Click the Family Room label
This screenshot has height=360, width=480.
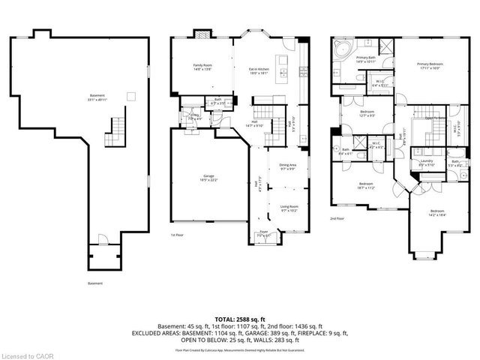click(x=202, y=67)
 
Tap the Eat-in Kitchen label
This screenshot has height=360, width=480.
click(x=259, y=72)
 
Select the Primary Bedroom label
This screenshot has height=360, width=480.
click(x=428, y=66)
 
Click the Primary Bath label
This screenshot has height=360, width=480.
click(x=367, y=59)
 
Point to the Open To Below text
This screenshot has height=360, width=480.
click(x=436, y=118)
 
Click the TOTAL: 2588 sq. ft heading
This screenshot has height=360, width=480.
click(x=239, y=317)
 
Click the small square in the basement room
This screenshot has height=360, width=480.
click(x=130, y=95)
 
